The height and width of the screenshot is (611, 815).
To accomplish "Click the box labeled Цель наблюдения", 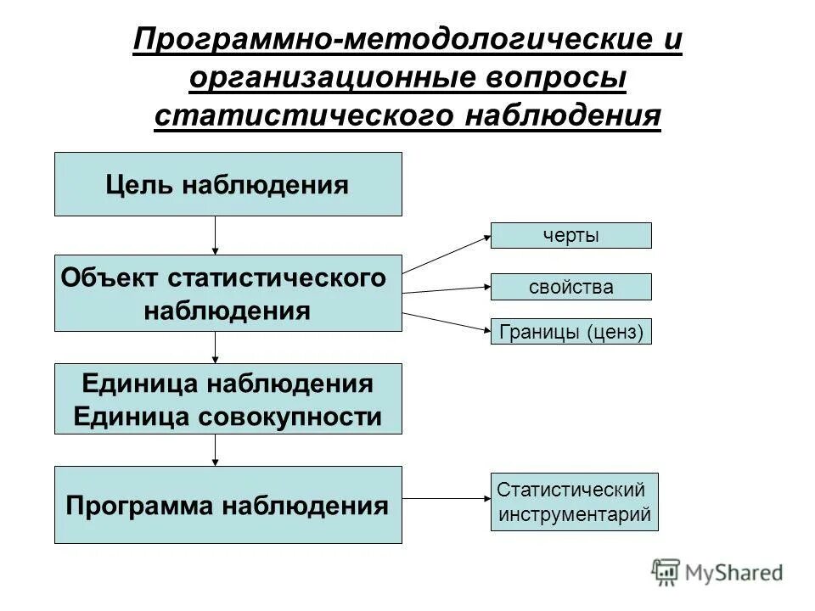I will (x=228, y=184).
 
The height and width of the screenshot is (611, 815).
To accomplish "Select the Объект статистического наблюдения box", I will (x=228, y=293).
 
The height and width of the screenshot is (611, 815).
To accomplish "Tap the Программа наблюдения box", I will (x=228, y=505).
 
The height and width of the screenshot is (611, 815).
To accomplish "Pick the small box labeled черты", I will (x=570, y=235).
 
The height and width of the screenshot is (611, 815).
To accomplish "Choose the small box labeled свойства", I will (x=570, y=287).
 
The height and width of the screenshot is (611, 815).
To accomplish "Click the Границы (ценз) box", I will (x=570, y=331).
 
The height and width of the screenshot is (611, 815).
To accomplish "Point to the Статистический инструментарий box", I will (x=574, y=502).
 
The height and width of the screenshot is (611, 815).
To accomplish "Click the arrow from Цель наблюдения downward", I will (x=216, y=235).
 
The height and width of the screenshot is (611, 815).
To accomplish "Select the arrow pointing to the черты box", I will (x=446, y=254).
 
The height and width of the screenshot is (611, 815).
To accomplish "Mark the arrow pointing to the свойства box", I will (x=446, y=290).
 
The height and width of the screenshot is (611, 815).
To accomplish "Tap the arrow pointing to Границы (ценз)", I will (x=446, y=322).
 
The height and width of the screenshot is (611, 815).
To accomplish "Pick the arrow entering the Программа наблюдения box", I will (x=216, y=450).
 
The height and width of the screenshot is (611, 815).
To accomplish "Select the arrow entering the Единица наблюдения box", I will (x=216, y=347).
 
